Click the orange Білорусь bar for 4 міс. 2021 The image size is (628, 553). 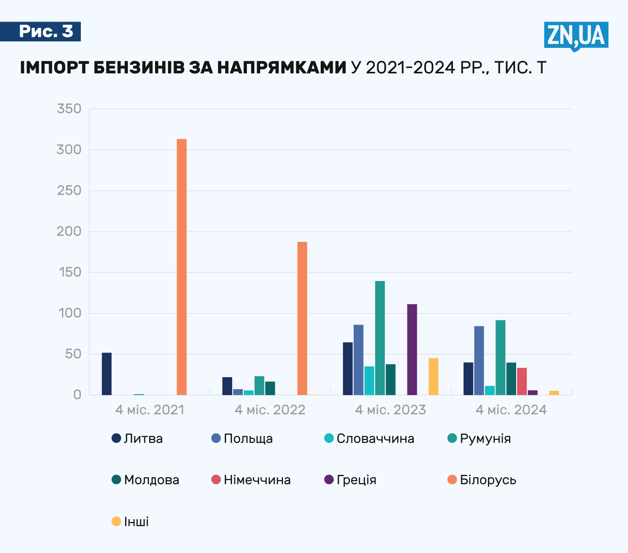(x=182, y=267)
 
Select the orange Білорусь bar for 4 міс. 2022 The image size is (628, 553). (x=302, y=318)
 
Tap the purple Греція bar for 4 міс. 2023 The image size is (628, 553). (x=412, y=349)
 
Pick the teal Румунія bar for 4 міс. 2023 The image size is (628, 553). (x=380, y=338)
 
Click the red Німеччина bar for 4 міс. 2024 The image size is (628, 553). (x=522, y=381)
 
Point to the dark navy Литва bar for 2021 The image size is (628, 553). (x=107, y=374)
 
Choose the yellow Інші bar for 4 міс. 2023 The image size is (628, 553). (x=433, y=376)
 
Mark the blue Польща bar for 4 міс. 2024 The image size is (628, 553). (x=479, y=360)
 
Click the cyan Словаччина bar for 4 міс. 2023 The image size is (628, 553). (x=369, y=380)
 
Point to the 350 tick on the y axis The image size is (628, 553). (x=69, y=109)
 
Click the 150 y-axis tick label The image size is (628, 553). (x=69, y=272)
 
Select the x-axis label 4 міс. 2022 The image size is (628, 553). (x=270, y=410)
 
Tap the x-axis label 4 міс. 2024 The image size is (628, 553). (x=511, y=410)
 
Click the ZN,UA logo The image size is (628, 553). (x=576, y=36)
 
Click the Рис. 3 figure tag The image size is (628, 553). (x=46, y=31)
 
